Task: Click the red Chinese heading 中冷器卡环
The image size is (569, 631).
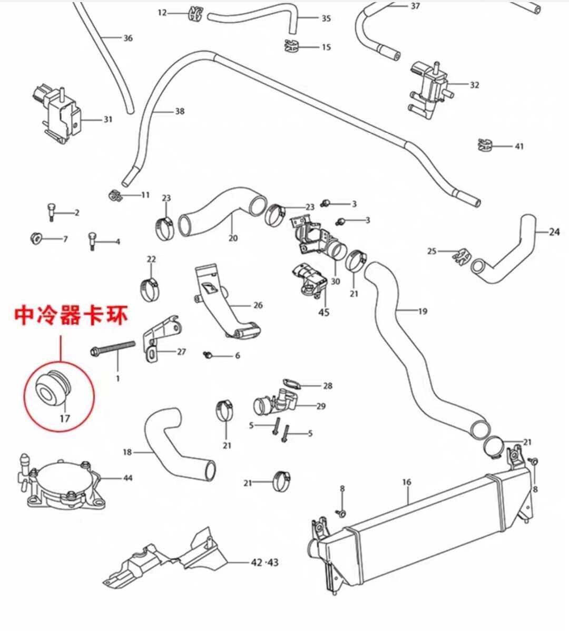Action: (x=71, y=316)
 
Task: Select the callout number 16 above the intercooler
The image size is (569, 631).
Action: (x=406, y=482)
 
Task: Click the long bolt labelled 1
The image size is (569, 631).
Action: (x=113, y=348)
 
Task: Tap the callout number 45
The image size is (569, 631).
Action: (x=324, y=313)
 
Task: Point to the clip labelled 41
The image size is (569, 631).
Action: (x=485, y=145)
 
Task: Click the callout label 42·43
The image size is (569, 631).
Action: (x=264, y=562)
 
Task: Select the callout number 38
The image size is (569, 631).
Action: (x=180, y=111)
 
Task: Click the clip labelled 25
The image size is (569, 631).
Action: (x=460, y=256)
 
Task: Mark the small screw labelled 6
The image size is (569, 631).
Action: (x=209, y=355)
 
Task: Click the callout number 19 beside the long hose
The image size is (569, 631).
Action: (x=423, y=311)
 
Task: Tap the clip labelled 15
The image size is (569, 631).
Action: (x=291, y=47)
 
